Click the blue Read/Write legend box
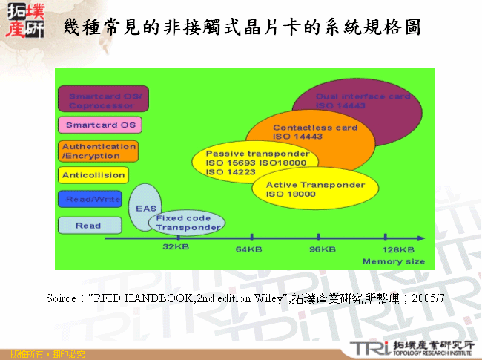90,200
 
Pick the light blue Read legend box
90,225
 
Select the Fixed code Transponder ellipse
188,223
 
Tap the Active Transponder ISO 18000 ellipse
315,189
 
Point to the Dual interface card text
363,97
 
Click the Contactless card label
314,128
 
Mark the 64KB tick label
248,249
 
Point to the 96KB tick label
322,249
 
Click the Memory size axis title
393,261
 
